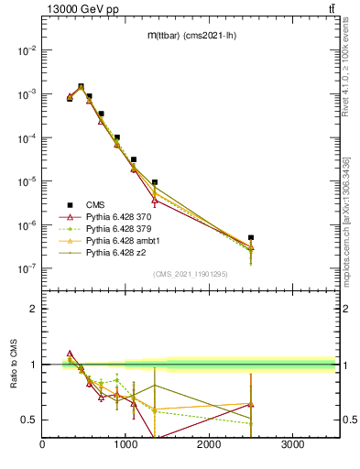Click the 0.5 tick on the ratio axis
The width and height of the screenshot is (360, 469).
[29, 420]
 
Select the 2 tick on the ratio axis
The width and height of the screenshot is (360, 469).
[34, 309]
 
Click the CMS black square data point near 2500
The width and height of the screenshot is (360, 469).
[251, 237]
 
